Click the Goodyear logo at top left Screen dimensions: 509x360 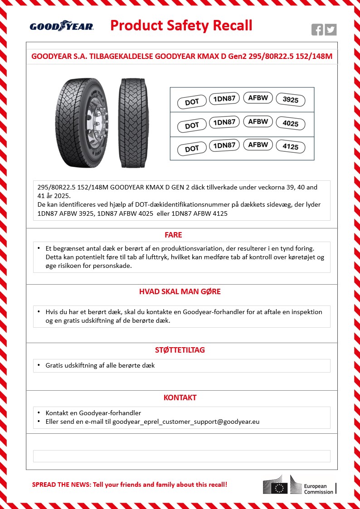62,26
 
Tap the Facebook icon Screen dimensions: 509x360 317,30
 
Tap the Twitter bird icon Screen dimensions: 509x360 331,30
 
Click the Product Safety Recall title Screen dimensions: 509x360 181,25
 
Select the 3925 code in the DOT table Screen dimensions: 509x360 291,100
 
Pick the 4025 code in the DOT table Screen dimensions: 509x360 291,124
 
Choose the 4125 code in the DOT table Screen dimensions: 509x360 291,147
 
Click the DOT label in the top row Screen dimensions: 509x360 192,102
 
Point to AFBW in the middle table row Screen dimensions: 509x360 258,121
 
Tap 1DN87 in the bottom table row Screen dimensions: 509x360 224,145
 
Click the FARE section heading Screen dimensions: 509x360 173,235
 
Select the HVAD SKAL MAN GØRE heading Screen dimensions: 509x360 180,291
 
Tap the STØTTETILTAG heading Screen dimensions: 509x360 180,350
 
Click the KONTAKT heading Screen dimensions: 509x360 180,398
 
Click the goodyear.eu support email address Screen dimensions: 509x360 186,422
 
